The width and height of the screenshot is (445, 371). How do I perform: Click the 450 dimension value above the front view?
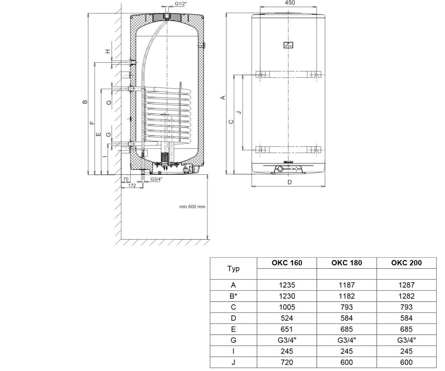coord(290,3)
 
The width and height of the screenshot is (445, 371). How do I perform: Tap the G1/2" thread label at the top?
coord(181,4)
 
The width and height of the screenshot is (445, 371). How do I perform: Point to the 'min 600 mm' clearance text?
coord(192,207)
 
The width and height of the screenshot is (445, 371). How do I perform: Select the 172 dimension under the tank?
coord(132,185)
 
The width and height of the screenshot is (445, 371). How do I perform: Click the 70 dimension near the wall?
coord(126,179)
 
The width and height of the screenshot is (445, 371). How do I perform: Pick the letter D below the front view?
coord(290,182)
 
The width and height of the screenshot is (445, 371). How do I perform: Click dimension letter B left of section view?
coord(85,102)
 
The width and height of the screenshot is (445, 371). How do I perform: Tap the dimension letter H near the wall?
coord(108,51)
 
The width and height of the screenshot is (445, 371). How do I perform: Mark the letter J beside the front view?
coord(239,112)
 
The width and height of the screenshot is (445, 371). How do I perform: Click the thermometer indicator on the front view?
coord(289,45)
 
